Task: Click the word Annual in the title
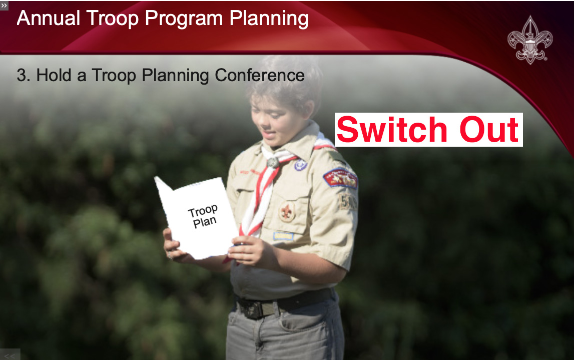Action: pos(49,18)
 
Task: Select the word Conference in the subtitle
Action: pos(260,75)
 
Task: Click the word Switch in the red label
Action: pos(392,130)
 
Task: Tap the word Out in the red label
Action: pos(489,130)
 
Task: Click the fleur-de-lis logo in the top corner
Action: pos(530,40)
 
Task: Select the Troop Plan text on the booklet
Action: pos(203,216)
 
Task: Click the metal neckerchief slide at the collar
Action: pos(273,162)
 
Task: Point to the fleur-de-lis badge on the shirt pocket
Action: pos(287,212)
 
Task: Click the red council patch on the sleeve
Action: pos(340,178)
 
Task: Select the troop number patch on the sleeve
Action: pos(347,201)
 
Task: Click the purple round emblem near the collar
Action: pos(300,165)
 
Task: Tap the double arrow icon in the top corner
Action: pos(4,5)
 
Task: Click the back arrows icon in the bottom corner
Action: pos(10,355)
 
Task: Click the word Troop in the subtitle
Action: pos(114,76)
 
